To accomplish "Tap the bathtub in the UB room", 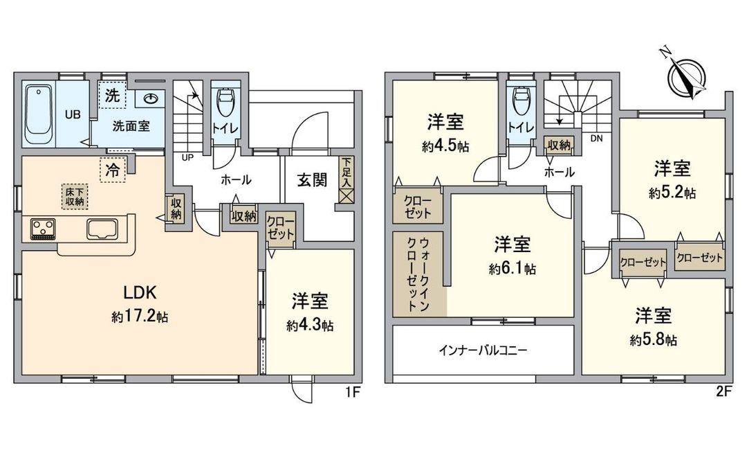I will (39, 114).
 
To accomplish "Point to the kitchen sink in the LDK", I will (102, 229).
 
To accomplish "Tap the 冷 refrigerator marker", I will (111, 169).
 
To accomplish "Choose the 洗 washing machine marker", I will (111, 96).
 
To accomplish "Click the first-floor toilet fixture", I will (225, 105).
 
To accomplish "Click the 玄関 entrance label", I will (312, 179).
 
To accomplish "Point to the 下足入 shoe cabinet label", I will (346, 174).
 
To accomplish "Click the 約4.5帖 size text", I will (444, 147).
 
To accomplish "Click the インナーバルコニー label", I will (483, 350).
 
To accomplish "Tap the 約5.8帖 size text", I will (653, 340).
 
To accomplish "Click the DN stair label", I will (596, 139).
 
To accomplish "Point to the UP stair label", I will (187, 157).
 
